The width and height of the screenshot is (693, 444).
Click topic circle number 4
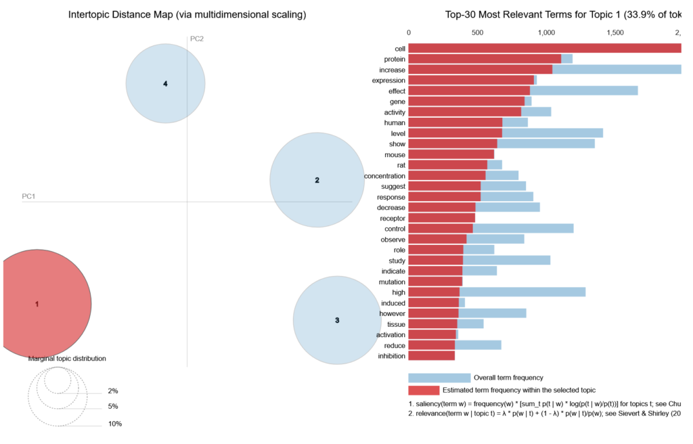(165, 83)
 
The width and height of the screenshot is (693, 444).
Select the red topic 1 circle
(41, 304)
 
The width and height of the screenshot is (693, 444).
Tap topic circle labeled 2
(317, 179)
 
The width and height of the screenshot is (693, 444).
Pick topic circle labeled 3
(336, 319)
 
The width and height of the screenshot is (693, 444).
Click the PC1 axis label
(28, 196)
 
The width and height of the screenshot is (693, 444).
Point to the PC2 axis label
(197, 39)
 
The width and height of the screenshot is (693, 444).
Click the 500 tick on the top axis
(477, 32)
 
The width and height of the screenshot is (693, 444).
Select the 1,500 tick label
(614, 32)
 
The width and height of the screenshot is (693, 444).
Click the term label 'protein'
(394, 60)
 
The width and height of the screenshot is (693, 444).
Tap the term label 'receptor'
(393, 218)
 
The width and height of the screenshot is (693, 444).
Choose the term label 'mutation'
(393, 282)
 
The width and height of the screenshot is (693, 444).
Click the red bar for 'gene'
(466, 101)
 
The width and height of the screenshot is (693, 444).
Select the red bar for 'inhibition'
(431, 355)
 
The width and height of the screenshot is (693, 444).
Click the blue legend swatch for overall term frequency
(439, 378)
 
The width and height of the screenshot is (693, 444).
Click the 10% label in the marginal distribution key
(115, 424)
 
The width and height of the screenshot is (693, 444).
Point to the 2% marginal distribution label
(112, 391)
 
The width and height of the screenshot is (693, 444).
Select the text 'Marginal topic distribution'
(67, 359)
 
